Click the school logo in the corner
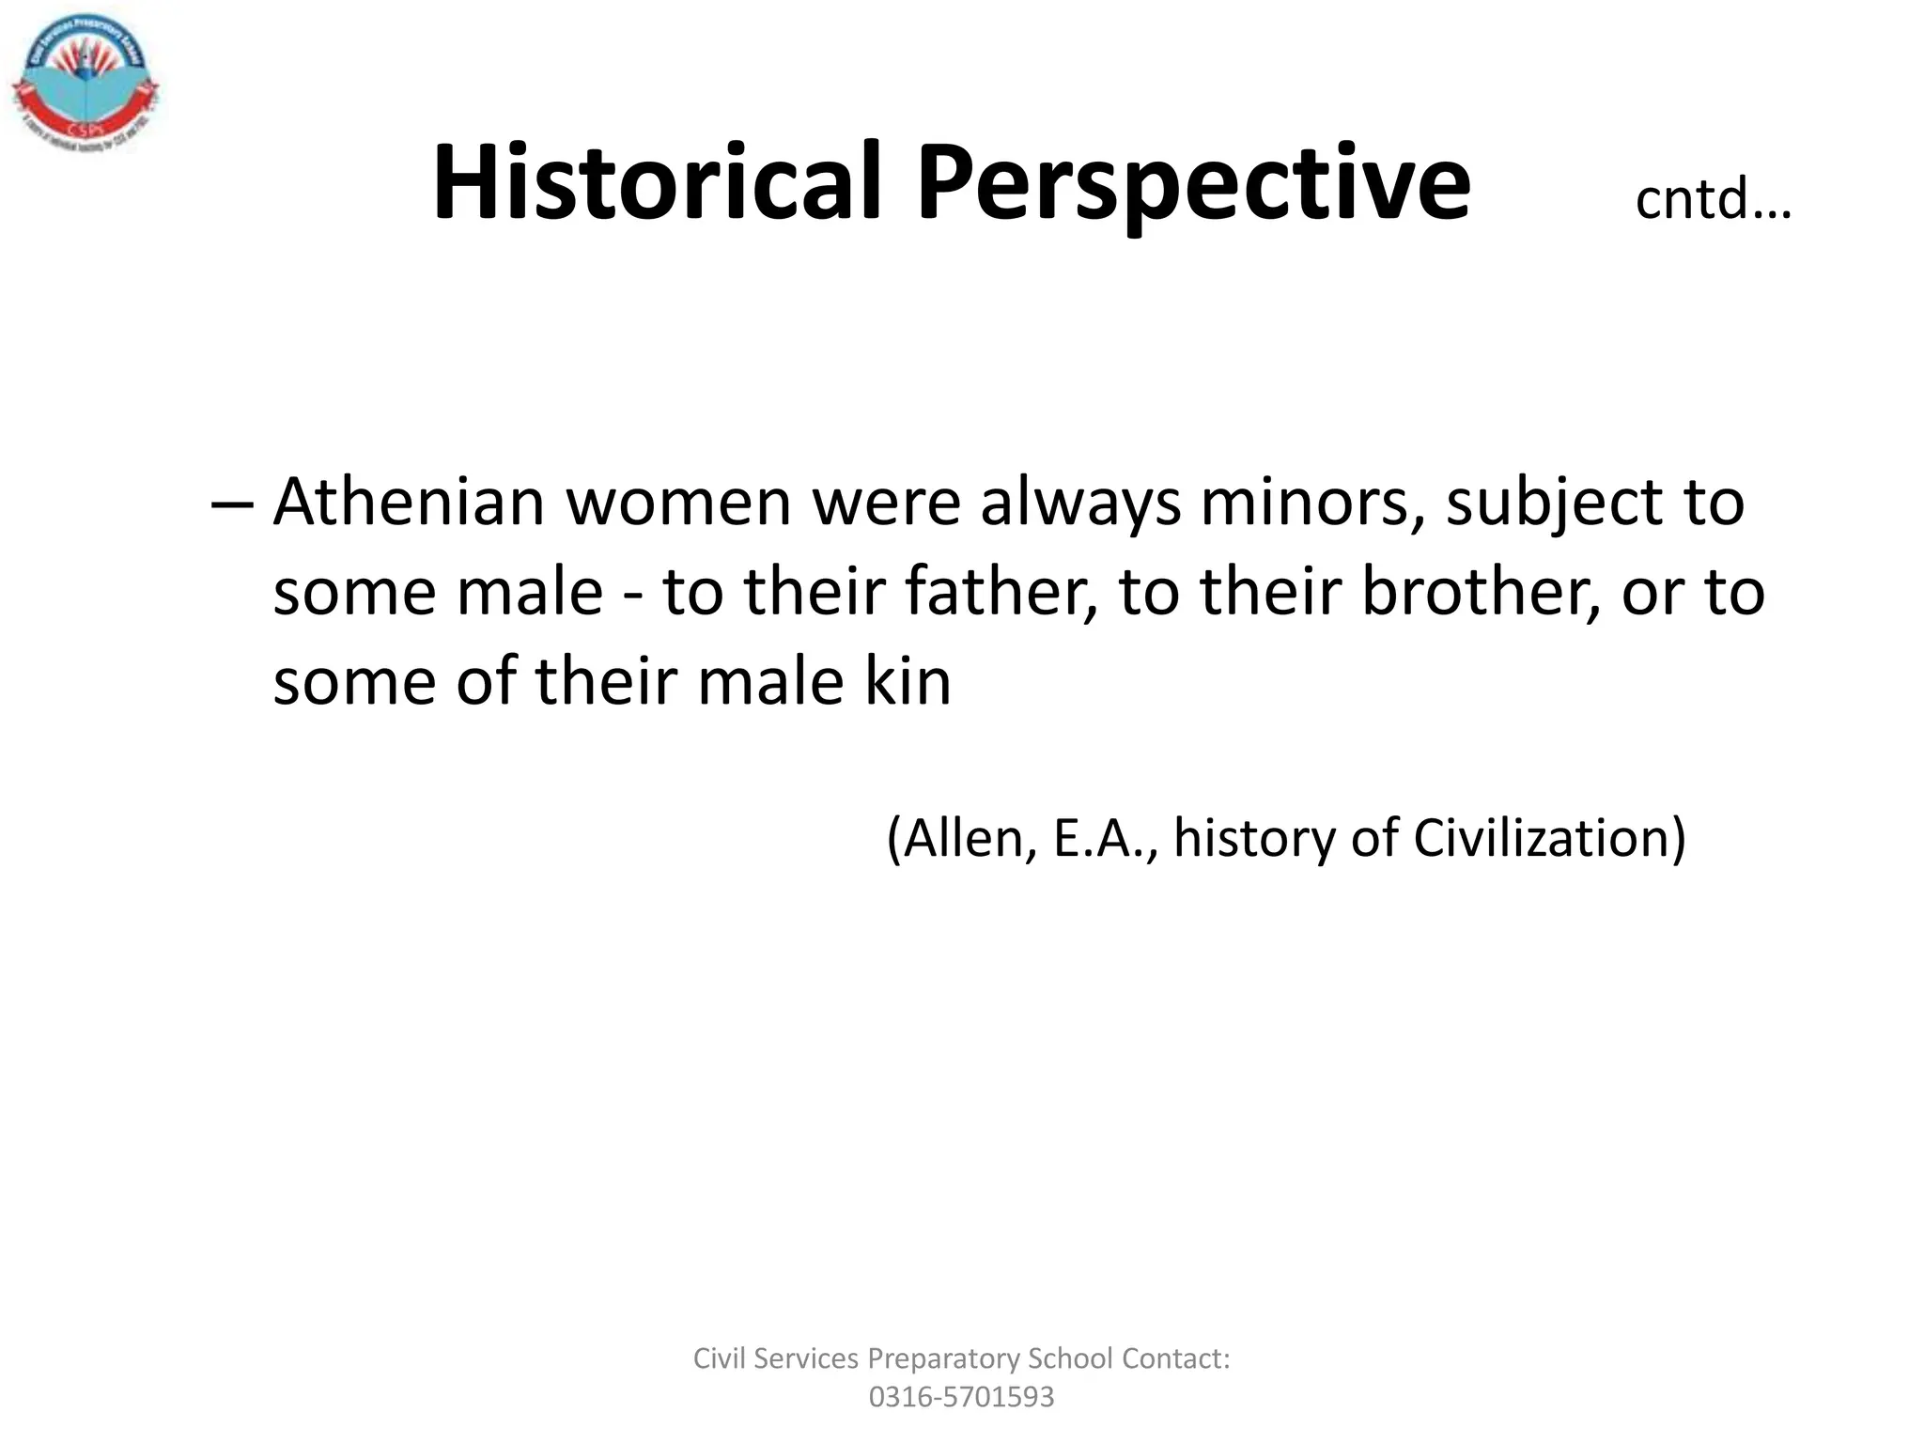click(85, 86)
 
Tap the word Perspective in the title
click(1193, 184)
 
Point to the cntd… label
click(1713, 199)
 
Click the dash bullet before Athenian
click(231, 503)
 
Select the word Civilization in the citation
click(1549, 838)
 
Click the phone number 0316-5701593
click(961, 1397)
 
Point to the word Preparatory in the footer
click(943, 1358)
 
